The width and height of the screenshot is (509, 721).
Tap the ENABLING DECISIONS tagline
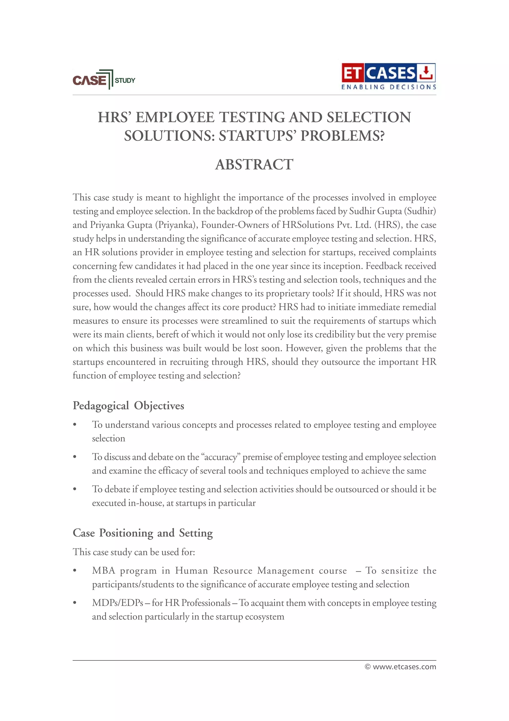click(388, 87)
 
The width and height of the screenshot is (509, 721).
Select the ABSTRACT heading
click(254, 164)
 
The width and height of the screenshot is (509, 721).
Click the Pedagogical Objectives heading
click(128, 405)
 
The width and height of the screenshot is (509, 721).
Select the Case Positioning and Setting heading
click(143, 533)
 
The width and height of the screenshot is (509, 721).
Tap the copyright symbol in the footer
click(368, 667)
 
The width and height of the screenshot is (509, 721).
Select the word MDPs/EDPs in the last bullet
click(118, 603)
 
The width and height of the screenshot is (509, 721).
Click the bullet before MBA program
click(75, 571)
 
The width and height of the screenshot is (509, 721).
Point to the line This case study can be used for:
click(134, 552)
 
